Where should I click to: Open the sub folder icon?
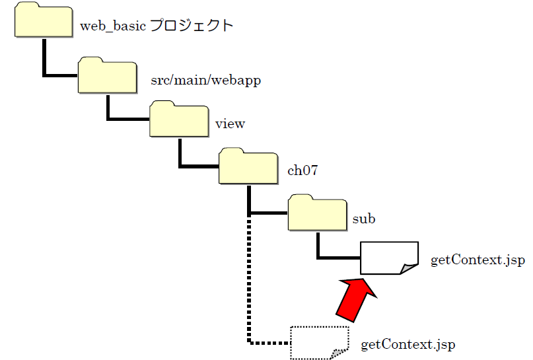318,213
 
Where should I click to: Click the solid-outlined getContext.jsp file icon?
389,258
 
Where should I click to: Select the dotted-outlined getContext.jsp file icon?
320,343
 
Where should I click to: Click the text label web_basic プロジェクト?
156,26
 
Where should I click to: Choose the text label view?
231,124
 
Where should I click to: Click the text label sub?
364,219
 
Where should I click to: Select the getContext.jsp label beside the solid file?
478,260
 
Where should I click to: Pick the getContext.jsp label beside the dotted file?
408,345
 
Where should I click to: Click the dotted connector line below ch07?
249,284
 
